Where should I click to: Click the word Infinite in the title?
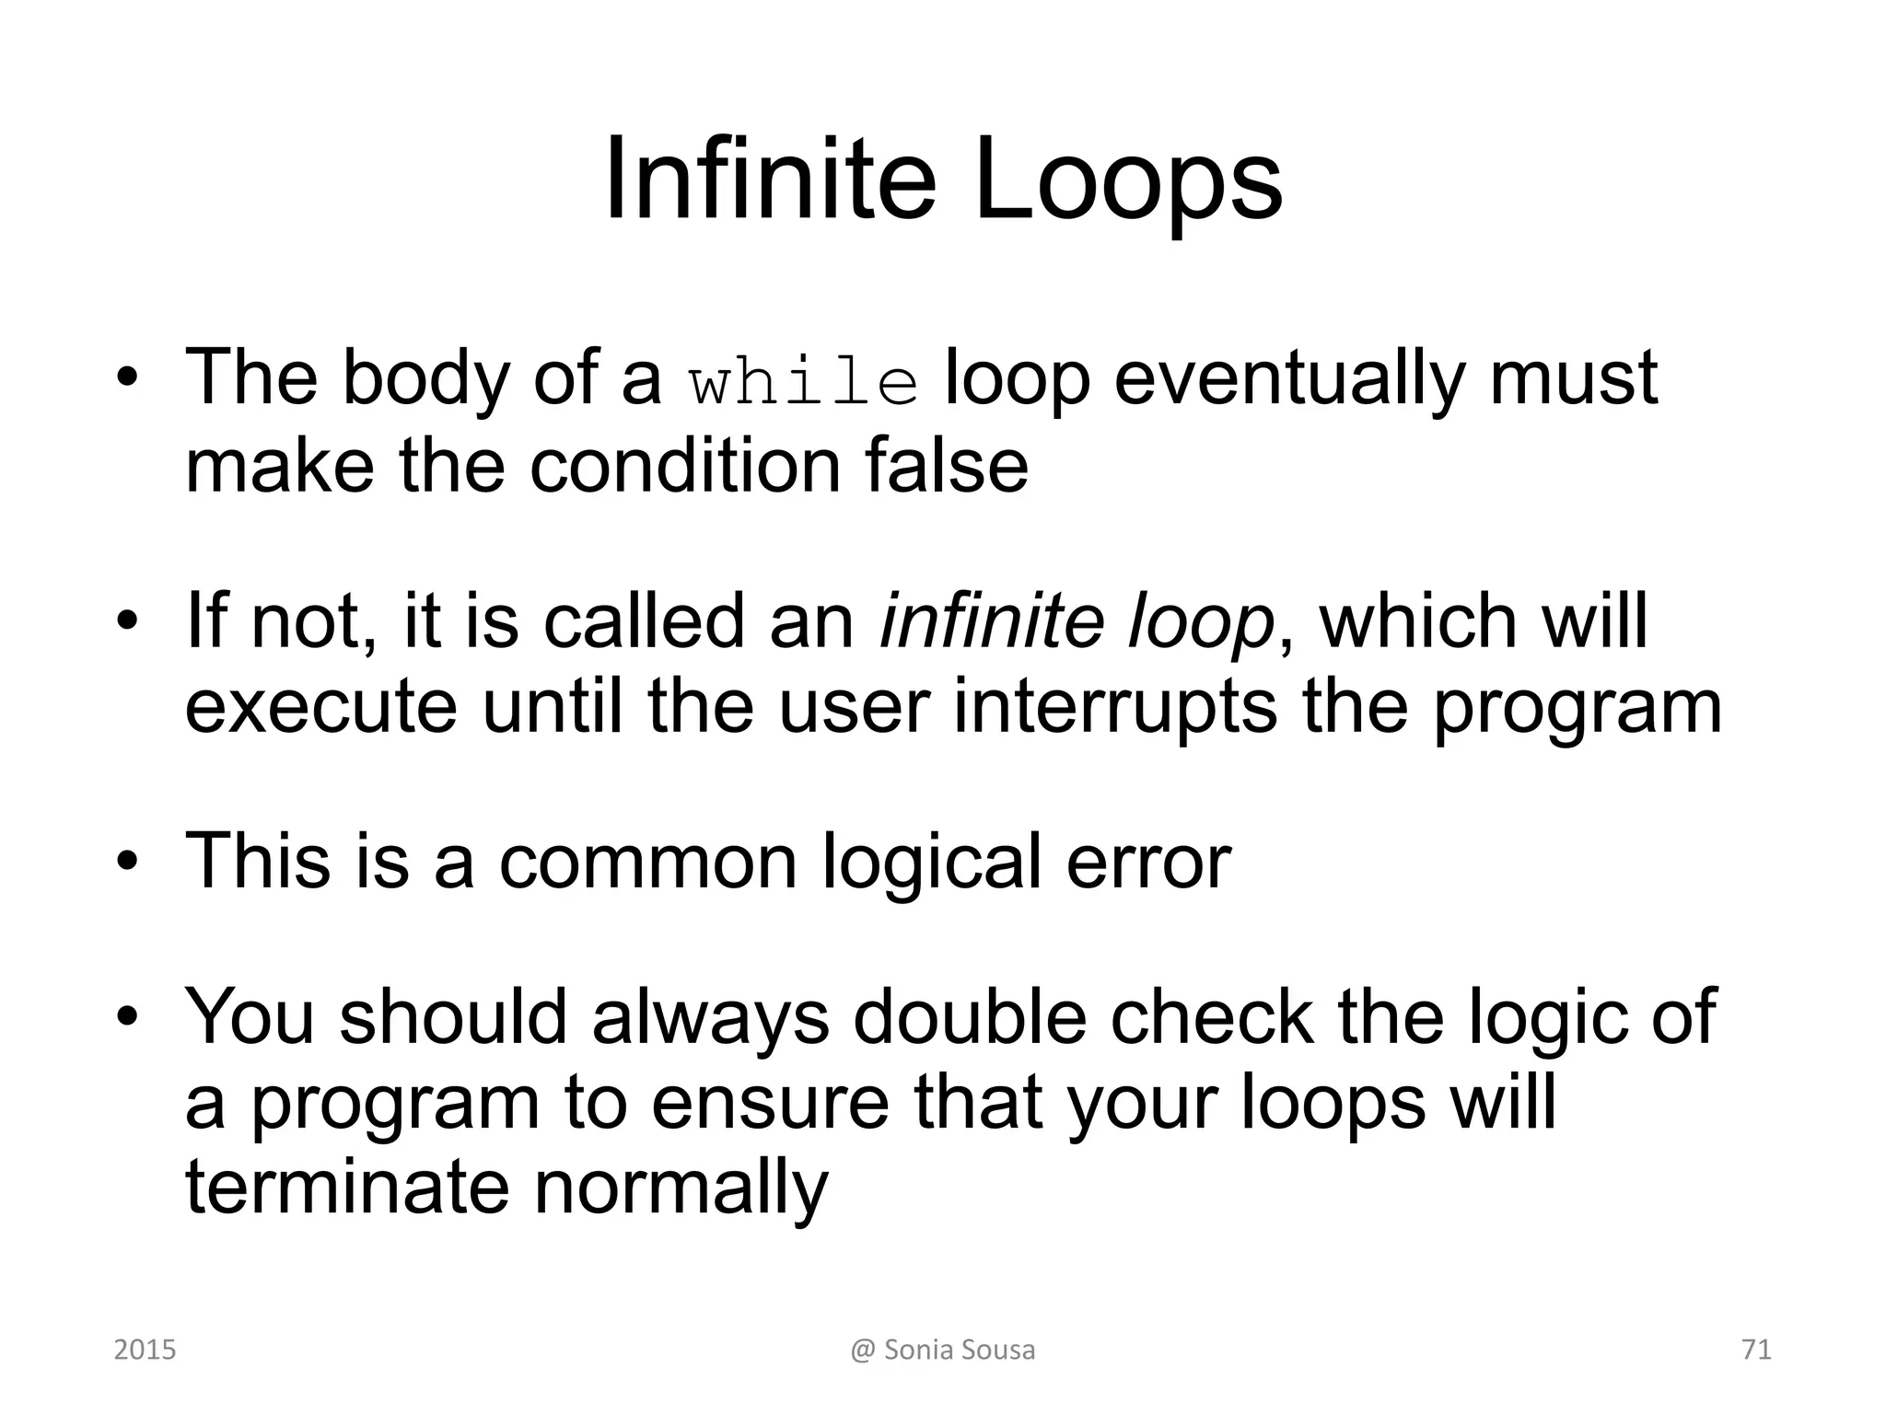coord(770,180)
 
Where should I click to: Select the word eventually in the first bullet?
coord(1288,379)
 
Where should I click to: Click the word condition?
coord(684,465)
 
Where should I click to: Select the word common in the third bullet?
coord(647,861)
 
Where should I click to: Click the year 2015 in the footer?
coord(145,1350)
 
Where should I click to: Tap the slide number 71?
coord(1756,1350)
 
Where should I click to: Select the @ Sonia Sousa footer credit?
coord(942,1350)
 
